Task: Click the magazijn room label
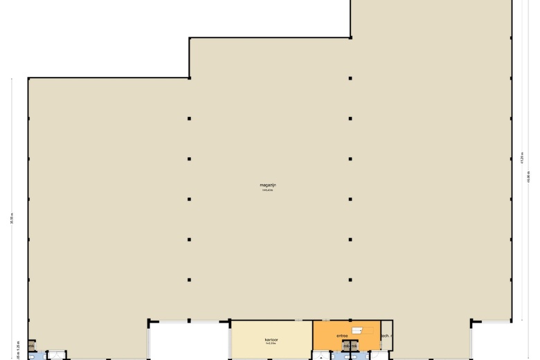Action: (x=268, y=185)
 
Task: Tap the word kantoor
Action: (x=271, y=340)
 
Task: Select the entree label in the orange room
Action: (x=342, y=336)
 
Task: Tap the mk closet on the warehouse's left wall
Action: (x=31, y=345)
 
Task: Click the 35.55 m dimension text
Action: (x=12, y=219)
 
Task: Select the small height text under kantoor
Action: (x=271, y=345)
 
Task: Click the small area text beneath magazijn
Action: (x=268, y=190)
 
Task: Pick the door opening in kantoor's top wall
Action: (x=298, y=320)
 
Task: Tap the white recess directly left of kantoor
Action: (x=188, y=341)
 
